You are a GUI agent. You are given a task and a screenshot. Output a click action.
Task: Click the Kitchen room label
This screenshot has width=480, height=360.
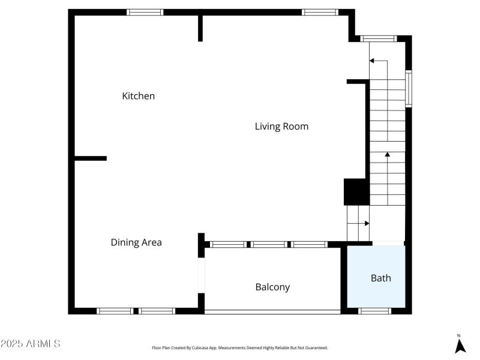click(x=139, y=96)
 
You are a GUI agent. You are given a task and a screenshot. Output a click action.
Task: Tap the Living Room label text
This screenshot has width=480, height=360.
click(x=281, y=126)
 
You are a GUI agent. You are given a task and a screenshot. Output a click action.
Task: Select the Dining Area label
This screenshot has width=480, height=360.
click(x=136, y=242)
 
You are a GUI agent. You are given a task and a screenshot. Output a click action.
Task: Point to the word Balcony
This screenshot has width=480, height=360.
click(x=272, y=287)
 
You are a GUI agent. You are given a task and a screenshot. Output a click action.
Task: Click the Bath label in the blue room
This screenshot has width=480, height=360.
click(x=380, y=278)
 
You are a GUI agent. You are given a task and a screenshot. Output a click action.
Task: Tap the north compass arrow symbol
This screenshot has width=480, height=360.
click(x=460, y=345)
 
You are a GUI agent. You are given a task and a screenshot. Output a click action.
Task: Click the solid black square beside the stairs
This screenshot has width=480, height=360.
click(x=355, y=192)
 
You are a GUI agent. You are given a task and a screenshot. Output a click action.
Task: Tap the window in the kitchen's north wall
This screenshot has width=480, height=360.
click(x=145, y=12)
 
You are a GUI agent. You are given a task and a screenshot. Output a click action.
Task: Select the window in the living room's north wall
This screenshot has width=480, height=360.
click(x=320, y=12)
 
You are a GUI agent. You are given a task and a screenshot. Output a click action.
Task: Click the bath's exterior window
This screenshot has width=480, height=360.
click(x=375, y=311)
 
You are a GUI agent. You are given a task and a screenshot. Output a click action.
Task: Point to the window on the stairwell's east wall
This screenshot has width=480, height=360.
click(x=409, y=89)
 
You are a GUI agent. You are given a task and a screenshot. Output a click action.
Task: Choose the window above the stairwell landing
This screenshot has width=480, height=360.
click(x=379, y=38)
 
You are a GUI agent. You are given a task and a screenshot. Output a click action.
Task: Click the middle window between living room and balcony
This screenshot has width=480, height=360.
click(x=269, y=244)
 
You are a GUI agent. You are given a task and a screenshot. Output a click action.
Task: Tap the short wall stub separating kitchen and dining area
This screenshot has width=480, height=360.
click(x=91, y=158)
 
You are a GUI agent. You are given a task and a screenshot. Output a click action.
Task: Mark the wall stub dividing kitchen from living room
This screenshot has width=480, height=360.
click(x=200, y=28)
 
